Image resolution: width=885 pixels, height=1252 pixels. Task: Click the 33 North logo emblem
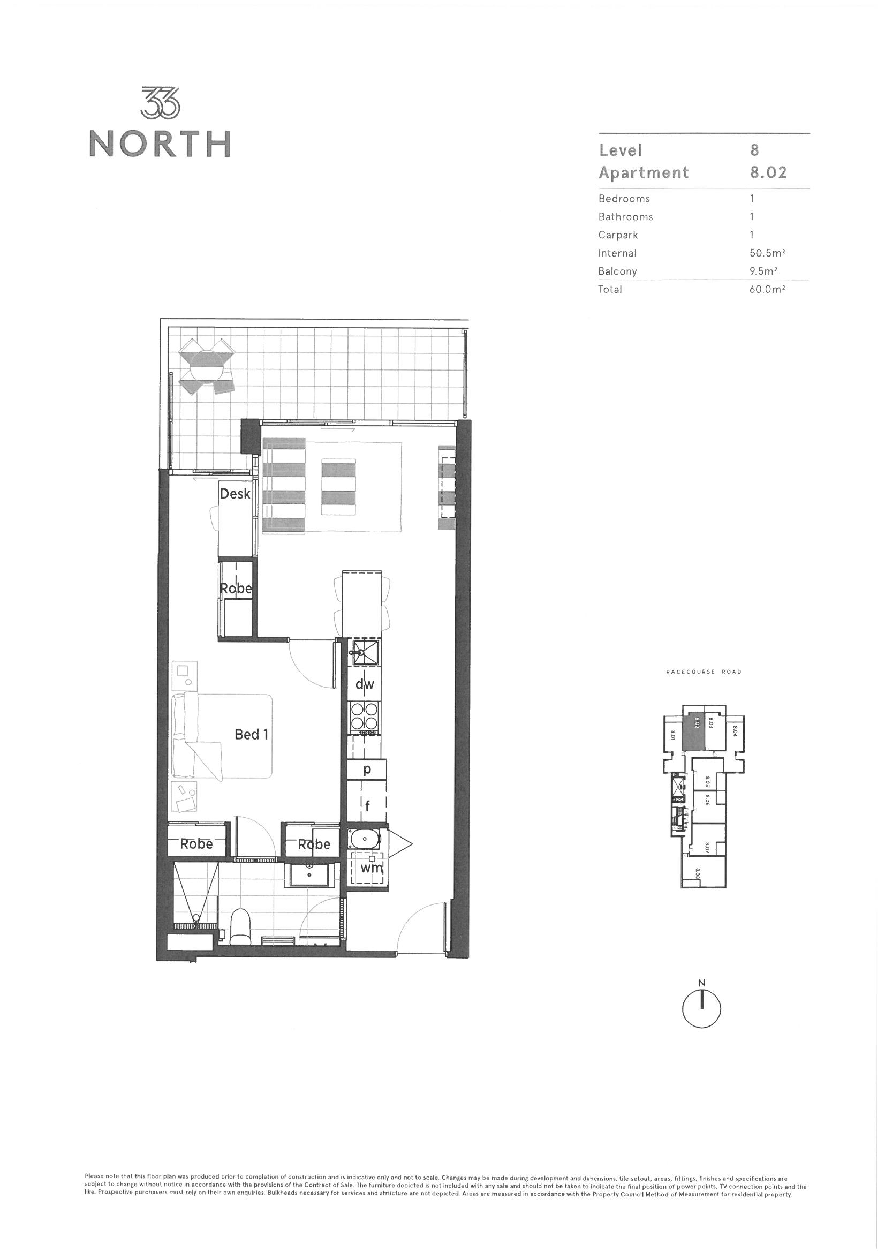pyautogui.click(x=160, y=102)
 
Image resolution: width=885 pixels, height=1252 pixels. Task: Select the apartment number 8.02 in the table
pyautogui.click(x=768, y=173)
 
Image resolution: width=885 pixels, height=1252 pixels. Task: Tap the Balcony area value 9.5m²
pyautogui.click(x=763, y=271)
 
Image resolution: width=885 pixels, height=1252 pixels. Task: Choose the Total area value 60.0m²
pyautogui.click(x=767, y=289)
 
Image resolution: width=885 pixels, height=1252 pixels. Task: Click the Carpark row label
pyautogui.click(x=618, y=235)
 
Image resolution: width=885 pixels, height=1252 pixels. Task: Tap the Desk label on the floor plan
pyautogui.click(x=235, y=494)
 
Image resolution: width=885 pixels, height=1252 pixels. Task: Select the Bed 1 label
pyautogui.click(x=252, y=735)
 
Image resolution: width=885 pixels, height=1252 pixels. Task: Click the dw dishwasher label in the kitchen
pyautogui.click(x=365, y=684)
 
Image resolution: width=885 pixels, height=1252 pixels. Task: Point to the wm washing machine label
pyautogui.click(x=372, y=867)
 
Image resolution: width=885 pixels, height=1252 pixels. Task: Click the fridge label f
pyautogui.click(x=367, y=806)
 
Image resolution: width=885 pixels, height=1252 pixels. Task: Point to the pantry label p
pyautogui.click(x=367, y=770)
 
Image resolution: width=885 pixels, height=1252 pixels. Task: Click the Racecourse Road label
pyautogui.click(x=704, y=672)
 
